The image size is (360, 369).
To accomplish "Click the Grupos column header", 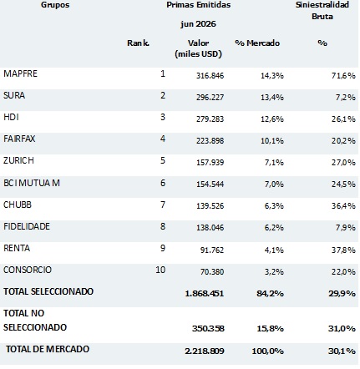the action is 55,5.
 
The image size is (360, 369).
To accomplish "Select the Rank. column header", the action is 138,43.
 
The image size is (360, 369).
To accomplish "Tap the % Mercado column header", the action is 257,43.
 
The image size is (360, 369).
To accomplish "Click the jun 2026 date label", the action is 198,24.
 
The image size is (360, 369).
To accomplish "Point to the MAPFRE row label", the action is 20,73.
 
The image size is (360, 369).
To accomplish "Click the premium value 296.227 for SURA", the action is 210,98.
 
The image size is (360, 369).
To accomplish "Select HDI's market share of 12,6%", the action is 272,119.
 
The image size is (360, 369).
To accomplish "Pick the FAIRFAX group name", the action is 19,139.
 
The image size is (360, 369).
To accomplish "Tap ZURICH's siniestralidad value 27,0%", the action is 343,163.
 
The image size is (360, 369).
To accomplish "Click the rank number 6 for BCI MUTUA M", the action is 163,183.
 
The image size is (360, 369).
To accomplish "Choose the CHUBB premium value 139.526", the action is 210,206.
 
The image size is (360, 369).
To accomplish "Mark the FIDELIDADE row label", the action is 27,226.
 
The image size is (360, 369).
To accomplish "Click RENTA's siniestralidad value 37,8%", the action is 343,250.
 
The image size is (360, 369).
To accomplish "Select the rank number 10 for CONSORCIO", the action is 160,270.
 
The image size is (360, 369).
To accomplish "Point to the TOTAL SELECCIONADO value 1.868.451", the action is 205,294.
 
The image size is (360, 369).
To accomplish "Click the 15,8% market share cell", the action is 270,329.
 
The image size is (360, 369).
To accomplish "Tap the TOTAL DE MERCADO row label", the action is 48,349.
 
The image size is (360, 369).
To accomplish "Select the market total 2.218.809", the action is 205,351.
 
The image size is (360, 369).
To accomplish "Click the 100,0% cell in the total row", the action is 267,351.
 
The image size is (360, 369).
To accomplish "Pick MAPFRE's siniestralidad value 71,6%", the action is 343,76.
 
